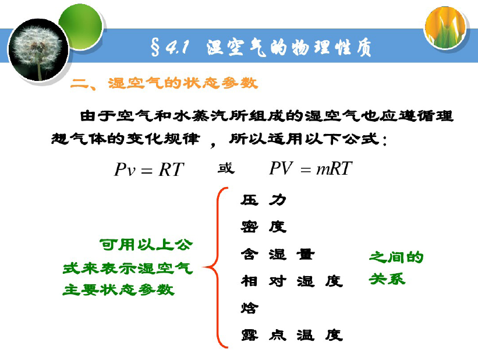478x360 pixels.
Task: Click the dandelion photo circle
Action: point(38,50)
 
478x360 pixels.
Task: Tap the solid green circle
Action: point(80,27)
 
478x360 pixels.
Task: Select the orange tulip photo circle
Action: point(445,27)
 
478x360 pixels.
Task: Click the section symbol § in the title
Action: point(155,48)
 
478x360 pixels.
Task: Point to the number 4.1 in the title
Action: point(177,48)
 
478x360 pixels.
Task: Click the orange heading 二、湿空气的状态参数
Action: point(164,83)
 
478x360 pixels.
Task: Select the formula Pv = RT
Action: point(149,170)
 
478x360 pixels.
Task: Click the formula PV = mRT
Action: point(311,168)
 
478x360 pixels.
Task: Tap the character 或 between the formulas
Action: point(226,168)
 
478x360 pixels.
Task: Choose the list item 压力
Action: point(263,200)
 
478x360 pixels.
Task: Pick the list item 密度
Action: point(263,227)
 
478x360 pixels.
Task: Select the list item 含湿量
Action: point(277,254)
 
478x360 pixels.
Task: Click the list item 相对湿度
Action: point(292,281)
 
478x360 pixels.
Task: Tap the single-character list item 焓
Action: point(249,308)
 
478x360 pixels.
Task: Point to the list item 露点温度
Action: point(292,335)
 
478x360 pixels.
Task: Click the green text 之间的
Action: point(396,257)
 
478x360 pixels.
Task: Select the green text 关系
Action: point(387,279)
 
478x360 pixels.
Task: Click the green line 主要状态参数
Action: point(118,290)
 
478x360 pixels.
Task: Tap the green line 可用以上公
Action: point(146,245)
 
